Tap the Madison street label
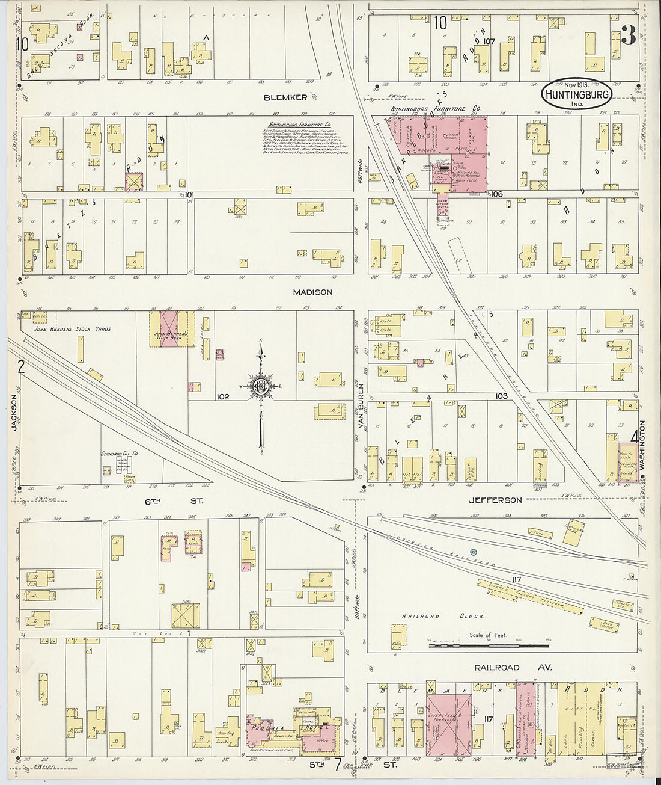point(312,292)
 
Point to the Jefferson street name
point(496,500)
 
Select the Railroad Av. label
point(513,667)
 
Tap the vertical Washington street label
point(642,445)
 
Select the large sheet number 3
point(628,37)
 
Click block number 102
point(223,397)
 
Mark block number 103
point(502,396)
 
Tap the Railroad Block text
point(424,617)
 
